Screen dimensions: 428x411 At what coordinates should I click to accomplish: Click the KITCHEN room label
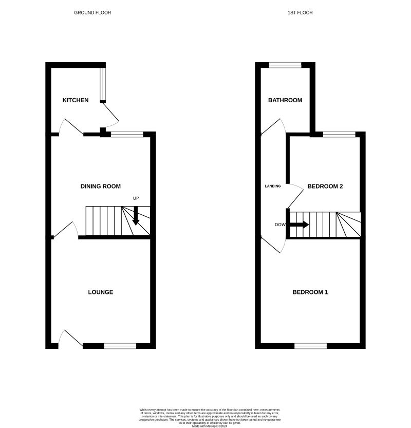click(x=76, y=100)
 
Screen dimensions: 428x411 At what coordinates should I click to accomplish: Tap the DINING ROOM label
click(x=101, y=186)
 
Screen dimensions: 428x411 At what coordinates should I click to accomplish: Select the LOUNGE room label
click(x=101, y=292)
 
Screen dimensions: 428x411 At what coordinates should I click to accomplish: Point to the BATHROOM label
click(x=285, y=100)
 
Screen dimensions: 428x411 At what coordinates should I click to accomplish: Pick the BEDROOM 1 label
click(x=310, y=292)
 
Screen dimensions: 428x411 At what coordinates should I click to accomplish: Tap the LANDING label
click(x=273, y=186)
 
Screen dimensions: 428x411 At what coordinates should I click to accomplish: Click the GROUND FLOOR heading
click(x=92, y=12)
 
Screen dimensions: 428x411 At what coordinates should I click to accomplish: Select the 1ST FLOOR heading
click(x=300, y=12)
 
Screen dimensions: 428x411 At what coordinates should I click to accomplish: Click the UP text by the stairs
click(x=136, y=198)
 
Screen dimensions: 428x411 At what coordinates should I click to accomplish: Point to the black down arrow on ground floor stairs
click(x=136, y=216)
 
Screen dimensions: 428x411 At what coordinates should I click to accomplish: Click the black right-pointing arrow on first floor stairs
click(x=299, y=225)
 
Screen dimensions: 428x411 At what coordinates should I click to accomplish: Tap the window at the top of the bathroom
click(x=286, y=65)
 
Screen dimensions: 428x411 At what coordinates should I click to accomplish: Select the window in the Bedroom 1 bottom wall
click(x=310, y=346)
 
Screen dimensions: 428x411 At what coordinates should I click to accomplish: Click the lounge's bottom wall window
click(x=120, y=346)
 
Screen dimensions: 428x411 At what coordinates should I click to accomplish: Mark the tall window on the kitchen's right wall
click(x=102, y=83)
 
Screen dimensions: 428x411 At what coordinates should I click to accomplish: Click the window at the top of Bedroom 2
click(x=339, y=135)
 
